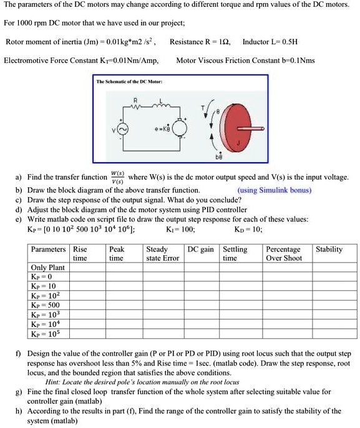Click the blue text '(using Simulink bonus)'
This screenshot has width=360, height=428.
point(274,190)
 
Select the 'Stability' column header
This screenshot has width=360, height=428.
point(329,249)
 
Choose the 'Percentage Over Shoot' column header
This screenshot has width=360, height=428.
point(284,253)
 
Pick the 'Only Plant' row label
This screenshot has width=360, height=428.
point(48,267)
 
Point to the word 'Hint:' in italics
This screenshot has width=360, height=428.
point(56,382)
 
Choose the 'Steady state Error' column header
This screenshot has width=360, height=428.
point(162,253)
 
